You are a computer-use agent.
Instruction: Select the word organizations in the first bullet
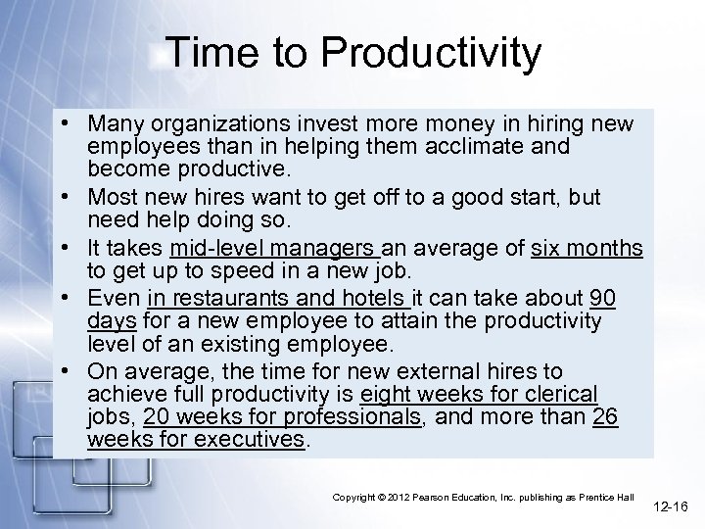pos(222,124)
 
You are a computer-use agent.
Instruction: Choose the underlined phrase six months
pos(587,248)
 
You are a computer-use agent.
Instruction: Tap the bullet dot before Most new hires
pos(73,198)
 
